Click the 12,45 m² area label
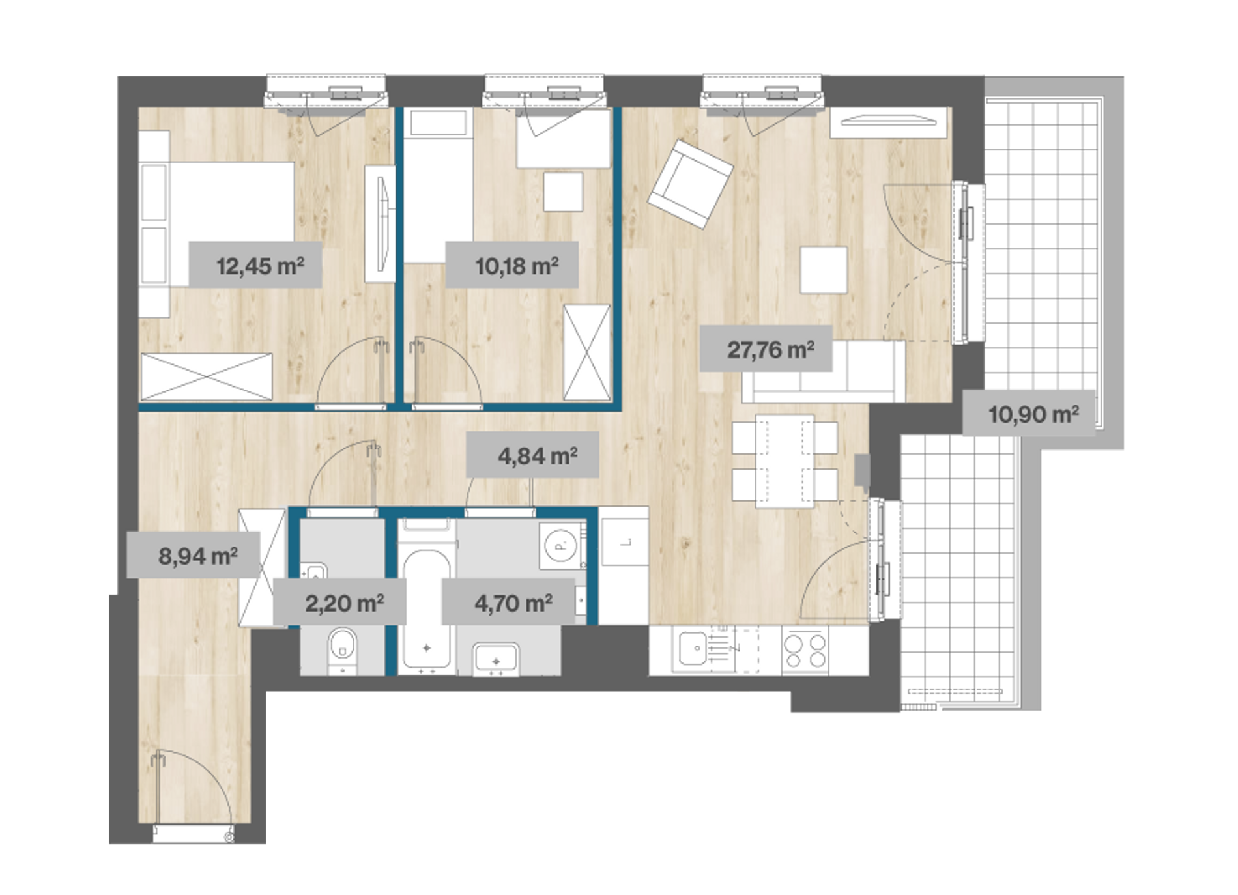(260, 266)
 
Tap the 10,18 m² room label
(517, 266)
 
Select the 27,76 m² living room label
(771, 350)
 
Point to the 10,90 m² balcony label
(1033, 414)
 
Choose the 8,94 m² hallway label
(198, 556)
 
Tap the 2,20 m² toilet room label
(344, 603)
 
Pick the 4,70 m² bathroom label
(513, 603)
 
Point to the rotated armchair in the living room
(691, 184)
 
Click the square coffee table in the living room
(824, 269)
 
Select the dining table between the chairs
(785, 461)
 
